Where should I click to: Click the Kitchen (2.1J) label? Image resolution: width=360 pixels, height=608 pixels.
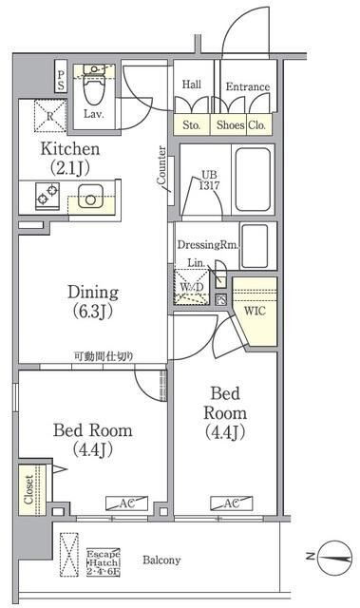68,159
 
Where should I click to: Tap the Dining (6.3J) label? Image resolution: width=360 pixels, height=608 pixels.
91,301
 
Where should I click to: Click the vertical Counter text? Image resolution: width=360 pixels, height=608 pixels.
162,165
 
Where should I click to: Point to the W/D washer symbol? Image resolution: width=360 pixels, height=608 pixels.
190,287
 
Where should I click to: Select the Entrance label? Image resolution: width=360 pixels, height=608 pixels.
247,87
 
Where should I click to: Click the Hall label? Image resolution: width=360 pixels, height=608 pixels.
190,84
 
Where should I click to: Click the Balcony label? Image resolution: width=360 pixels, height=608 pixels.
162,560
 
